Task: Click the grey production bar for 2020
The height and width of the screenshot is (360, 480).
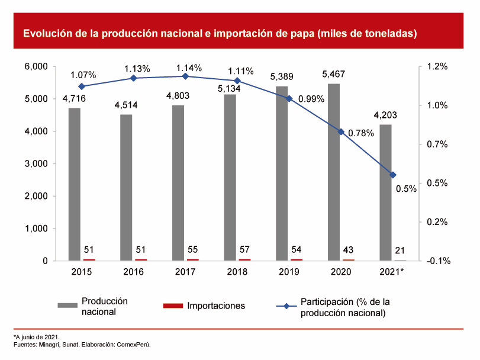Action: [334, 172]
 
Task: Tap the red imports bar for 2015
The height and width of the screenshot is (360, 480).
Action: [89, 259]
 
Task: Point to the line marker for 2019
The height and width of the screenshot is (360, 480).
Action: [289, 98]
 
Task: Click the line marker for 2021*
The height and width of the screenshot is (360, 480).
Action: [393, 175]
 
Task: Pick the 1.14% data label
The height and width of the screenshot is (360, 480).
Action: [189, 67]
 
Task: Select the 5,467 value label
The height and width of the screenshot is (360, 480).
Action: [333, 75]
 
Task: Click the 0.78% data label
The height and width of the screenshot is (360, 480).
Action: [361, 134]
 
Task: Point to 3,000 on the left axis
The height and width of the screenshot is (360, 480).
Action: [37, 163]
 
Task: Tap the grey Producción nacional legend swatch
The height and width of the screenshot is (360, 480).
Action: [67, 306]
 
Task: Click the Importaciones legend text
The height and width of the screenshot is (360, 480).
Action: [216, 306]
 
